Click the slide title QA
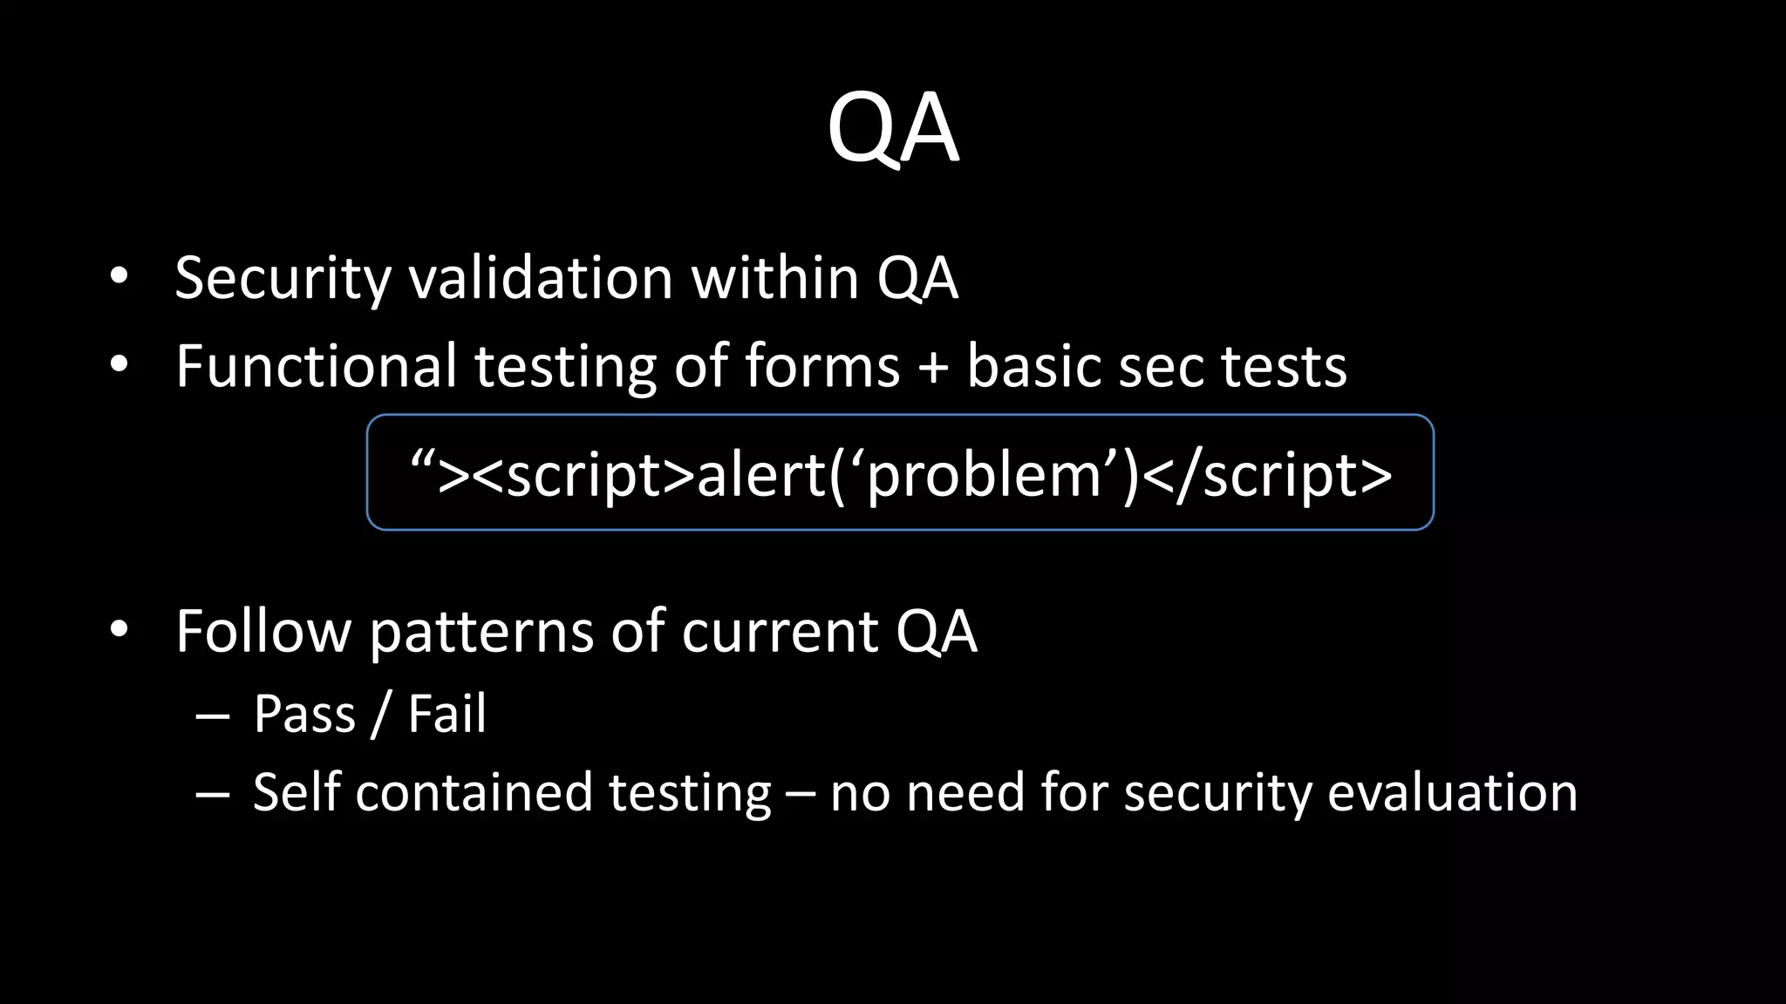pos(892,129)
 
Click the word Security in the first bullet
pos(283,279)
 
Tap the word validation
pos(541,279)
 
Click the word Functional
pos(316,366)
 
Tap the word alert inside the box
pos(760,475)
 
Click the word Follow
pos(263,631)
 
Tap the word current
pos(779,633)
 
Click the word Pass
pos(304,714)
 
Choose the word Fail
pos(446,714)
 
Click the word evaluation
pos(1452,792)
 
